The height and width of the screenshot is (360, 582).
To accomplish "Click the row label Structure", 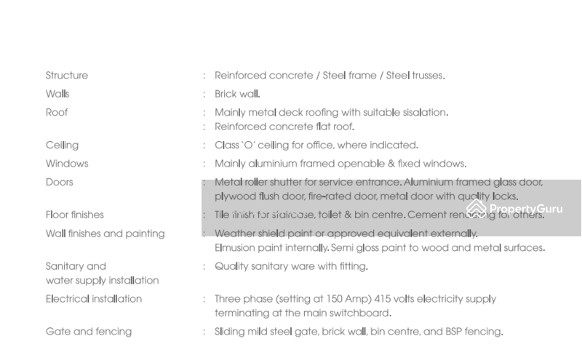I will click(66, 76).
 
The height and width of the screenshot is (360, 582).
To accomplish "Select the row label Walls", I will click(57, 94).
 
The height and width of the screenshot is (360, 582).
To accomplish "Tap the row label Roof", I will click(57, 113).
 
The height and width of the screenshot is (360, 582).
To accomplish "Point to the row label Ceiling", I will click(62, 145).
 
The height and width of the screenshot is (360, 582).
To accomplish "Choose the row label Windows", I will click(67, 164).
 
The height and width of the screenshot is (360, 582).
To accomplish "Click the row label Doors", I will click(60, 182).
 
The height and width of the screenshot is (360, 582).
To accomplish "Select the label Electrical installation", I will click(94, 299).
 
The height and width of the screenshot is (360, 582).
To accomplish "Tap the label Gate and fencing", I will click(89, 332).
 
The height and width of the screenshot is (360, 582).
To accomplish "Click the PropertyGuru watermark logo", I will click(515, 209).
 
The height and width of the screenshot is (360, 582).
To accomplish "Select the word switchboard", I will click(359, 313).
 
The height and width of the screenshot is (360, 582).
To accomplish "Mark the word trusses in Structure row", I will click(427, 76).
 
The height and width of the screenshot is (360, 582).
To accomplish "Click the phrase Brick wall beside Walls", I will click(237, 94).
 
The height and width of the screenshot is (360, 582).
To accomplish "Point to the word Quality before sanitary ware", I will click(231, 266).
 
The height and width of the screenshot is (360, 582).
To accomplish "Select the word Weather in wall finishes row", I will click(235, 233).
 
